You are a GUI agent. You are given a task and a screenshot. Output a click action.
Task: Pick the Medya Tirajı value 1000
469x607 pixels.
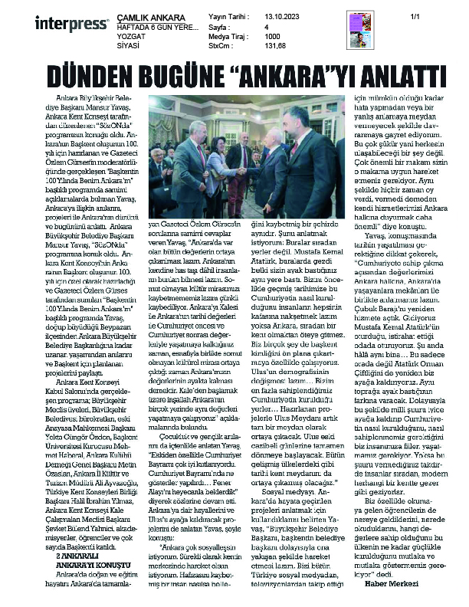pyautogui.click(x=272, y=35)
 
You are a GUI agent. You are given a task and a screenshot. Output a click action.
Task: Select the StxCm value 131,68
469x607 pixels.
pyautogui.click(x=277, y=45)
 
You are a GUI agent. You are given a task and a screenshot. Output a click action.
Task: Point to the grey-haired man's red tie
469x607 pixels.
pyautogui.click(x=202, y=157)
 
